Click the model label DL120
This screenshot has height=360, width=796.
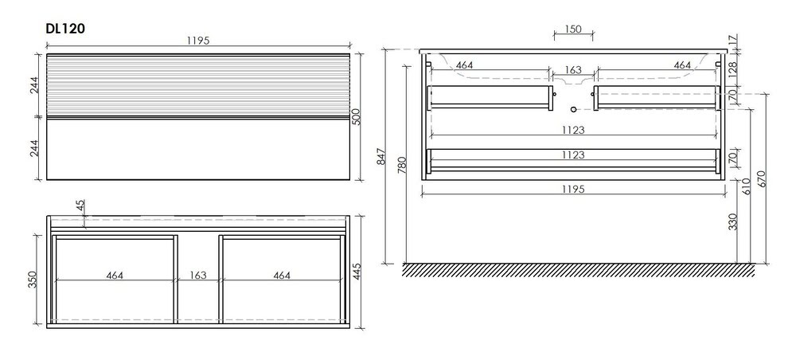pos(65,29)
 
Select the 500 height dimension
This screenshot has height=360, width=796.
pos(357,117)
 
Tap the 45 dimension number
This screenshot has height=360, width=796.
pos(80,206)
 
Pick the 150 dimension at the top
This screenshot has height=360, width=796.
pos(573,29)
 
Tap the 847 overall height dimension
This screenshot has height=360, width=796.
pos(382,156)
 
